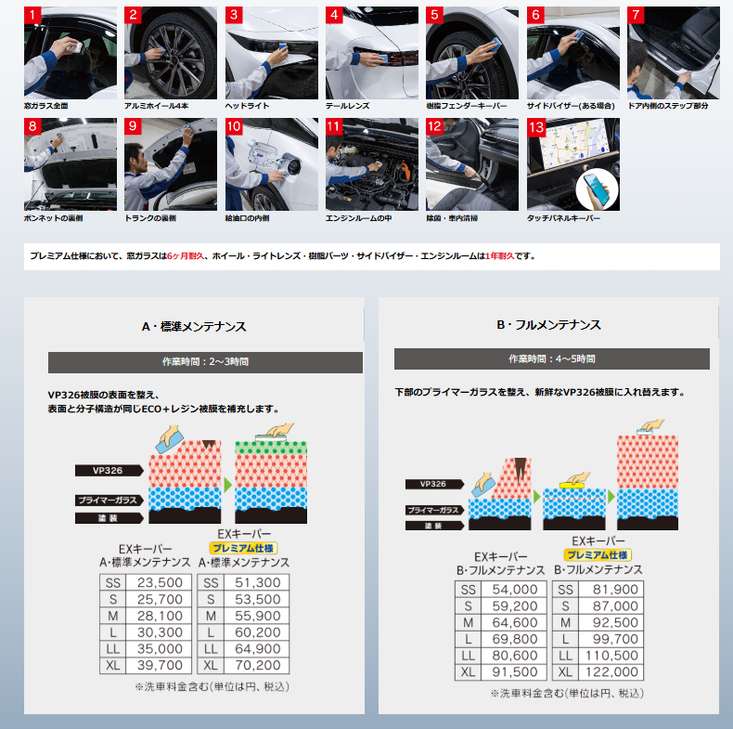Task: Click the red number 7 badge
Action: (x=636, y=15)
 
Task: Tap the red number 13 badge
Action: (x=536, y=127)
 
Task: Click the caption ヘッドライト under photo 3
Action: (x=248, y=106)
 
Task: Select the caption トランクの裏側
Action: (x=150, y=218)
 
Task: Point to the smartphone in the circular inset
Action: (x=597, y=189)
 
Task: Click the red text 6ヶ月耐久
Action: (x=186, y=256)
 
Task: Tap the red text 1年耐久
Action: (x=500, y=256)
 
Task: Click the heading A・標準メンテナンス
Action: (x=194, y=327)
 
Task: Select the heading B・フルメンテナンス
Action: (x=548, y=325)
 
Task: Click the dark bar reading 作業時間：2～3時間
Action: (x=205, y=362)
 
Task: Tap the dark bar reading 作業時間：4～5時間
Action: (x=552, y=358)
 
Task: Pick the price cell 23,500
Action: (x=160, y=582)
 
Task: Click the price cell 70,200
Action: (x=258, y=665)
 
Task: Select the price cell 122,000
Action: (x=611, y=672)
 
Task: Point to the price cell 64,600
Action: (x=515, y=622)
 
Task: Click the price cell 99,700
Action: (x=611, y=639)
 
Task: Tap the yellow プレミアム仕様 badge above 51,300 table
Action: (x=243, y=548)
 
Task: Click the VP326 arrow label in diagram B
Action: (x=434, y=484)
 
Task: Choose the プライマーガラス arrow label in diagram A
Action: (x=109, y=500)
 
